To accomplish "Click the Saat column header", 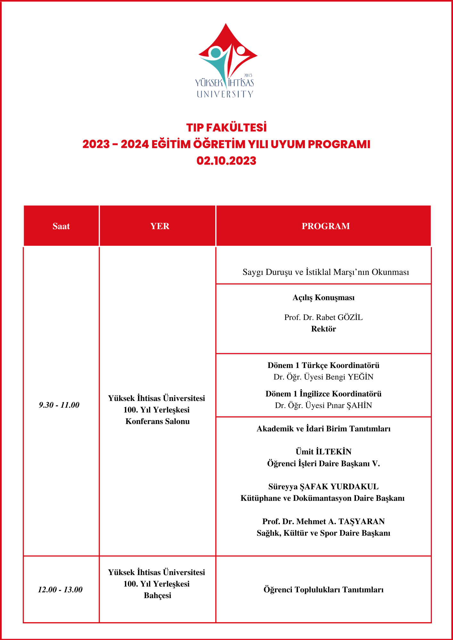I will pyautogui.click(x=61, y=226).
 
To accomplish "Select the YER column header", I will pyautogui.click(x=160, y=226).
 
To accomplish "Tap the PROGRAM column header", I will pyautogui.click(x=325, y=226).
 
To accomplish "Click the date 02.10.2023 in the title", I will pyautogui.click(x=226, y=161).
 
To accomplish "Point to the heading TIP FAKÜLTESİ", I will pyautogui.click(x=226, y=128).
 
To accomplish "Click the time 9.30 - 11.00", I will pyautogui.click(x=59, y=405).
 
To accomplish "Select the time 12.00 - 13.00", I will pyautogui.click(x=60, y=589).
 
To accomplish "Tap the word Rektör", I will pyautogui.click(x=324, y=329).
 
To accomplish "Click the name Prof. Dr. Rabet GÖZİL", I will pyautogui.click(x=324, y=317).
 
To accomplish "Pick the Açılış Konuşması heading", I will pyautogui.click(x=324, y=298).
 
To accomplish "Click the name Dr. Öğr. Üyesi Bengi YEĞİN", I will pyautogui.click(x=324, y=377).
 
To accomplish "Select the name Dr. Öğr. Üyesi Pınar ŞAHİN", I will pyautogui.click(x=324, y=405).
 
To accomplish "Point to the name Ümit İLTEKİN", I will pyautogui.click(x=324, y=452).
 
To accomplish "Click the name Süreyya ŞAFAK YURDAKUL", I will pyautogui.click(x=324, y=487).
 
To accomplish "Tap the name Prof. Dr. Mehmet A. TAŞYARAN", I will pyautogui.click(x=324, y=522).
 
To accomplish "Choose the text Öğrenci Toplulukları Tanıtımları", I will pyautogui.click(x=324, y=589).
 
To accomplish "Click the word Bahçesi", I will pyautogui.click(x=158, y=596).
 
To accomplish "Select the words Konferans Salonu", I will pyautogui.click(x=158, y=421).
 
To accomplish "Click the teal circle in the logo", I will pyautogui.click(x=216, y=53).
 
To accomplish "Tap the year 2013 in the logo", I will pyautogui.click(x=248, y=76).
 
